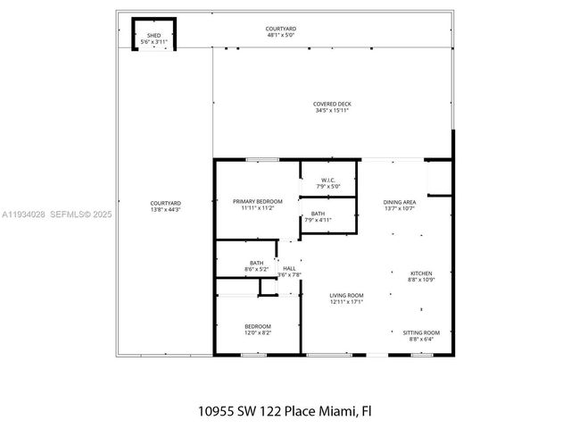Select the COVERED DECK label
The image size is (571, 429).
click(x=331, y=104)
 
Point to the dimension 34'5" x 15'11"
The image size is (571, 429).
click(x=331, y=111)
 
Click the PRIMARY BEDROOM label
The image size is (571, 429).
click(x=257, y=201)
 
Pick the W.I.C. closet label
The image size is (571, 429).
click(x=327, y=180)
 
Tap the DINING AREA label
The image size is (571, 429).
click(x=399, y=202)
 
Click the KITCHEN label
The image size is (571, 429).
click(x=421, y=273)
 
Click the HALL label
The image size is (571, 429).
click(x=289, y=268)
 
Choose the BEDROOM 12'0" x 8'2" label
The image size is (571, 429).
click(x=257, y=326)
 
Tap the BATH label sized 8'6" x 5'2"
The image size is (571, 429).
click(x=256, y=262)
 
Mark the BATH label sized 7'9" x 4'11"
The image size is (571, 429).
click(x=318, y=214)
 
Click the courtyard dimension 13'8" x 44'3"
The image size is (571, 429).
click(x=165, y=210)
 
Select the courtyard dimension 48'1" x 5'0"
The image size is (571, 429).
click(x=281, y=36)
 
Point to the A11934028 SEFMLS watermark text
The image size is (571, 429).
click(x=56, y=214)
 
